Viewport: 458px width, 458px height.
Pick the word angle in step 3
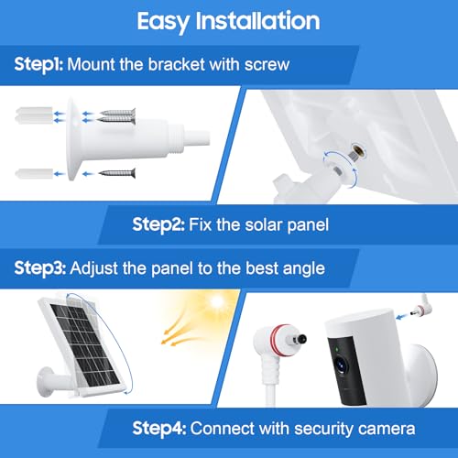304,269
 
